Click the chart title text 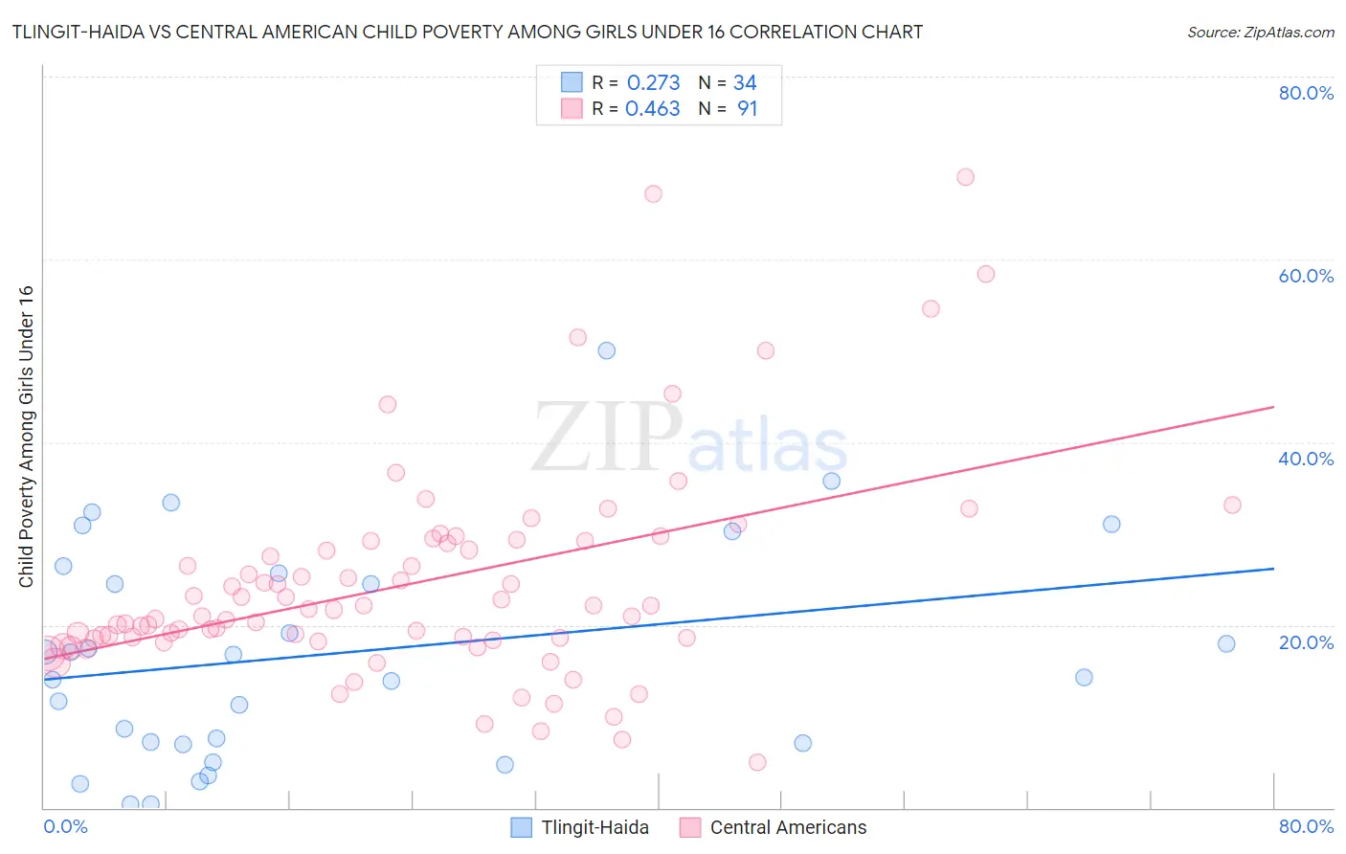(x=467, y=32)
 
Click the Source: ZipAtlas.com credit (x=1260, y=32)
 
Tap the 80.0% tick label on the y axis (x=1306, y=93)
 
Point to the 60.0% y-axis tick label (x=1306, y=276)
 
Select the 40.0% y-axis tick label (x=1306, y=459)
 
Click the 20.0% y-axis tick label (x=1306, y=642)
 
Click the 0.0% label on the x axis (x=65, y=826)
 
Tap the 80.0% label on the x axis (x=1306, y=826)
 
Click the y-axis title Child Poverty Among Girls (x=26, y=437)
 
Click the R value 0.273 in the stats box (x=653, y=83)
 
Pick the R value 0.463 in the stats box (x=653, y=109)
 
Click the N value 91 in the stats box (x=747, y=109)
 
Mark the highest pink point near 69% (x=965, y=177)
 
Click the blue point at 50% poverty (x=606, y=350)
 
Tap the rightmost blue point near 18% (x=1226, y=643)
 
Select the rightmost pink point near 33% (x=1232, y=505)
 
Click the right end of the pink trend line (x=1273, y=407)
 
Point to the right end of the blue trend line (x=1273, y=569)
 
